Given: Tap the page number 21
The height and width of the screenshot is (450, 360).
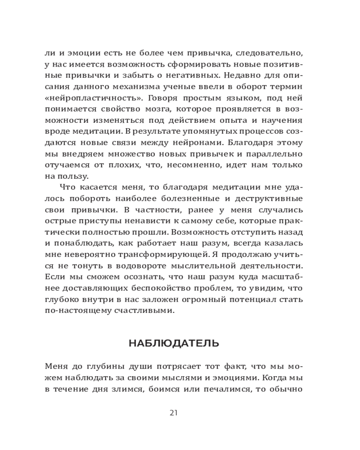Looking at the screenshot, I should coord(174,413).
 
